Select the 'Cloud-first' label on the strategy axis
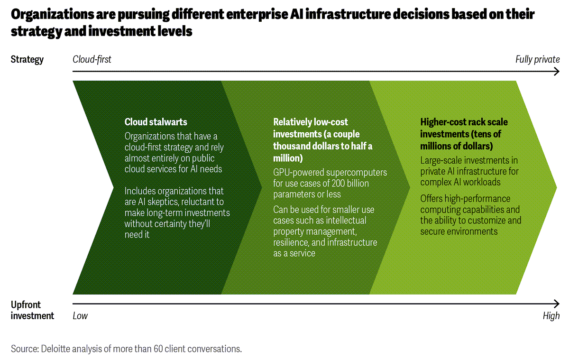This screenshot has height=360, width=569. tap(92, 59)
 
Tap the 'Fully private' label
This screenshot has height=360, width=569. tap(537, 59)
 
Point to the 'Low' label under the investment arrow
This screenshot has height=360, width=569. tap(80, 315)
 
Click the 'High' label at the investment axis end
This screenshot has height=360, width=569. tap(551, 315)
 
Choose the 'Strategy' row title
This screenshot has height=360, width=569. tap(27, 59)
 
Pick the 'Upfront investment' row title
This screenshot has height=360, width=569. tap(32, 310)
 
